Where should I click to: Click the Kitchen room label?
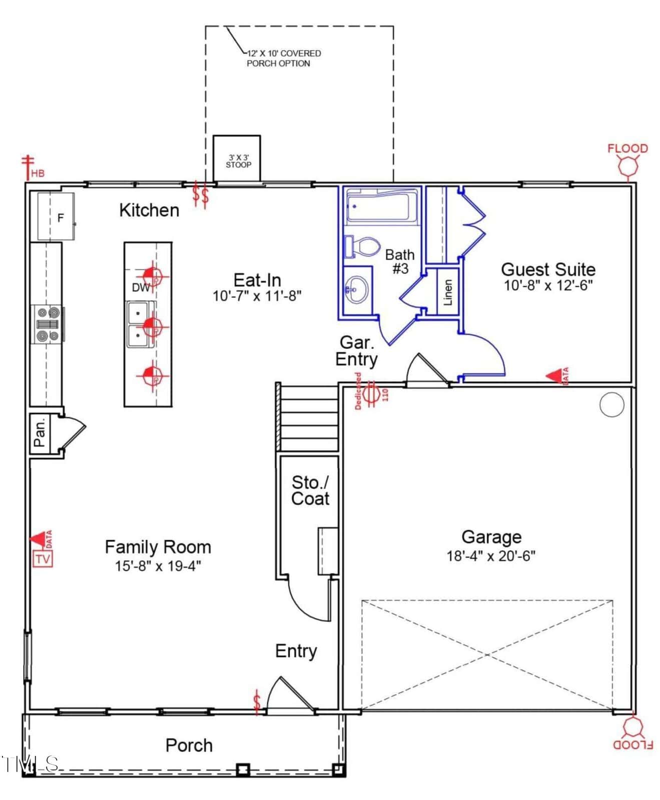[x=149, y=210]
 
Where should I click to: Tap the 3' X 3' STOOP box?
[x=237, y=158]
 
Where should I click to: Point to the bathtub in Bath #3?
[x=382, y=206]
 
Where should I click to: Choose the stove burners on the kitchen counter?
[x=48, y=324]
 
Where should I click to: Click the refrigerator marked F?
[x=56, y=216]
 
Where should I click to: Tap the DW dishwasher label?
[x=141, y=287]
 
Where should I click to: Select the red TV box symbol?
[x=43, y=558]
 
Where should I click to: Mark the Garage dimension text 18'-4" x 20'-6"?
[x=491, y=555]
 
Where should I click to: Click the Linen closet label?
[x=448, y=292]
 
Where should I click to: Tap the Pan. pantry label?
[x=40, y=432]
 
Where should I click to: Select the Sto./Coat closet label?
[x=310, y=490]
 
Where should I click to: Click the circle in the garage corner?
[x=611, y=404]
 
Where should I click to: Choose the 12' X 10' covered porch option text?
[x=283, y=58]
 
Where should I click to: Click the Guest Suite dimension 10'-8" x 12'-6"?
[x=548, y=285]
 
